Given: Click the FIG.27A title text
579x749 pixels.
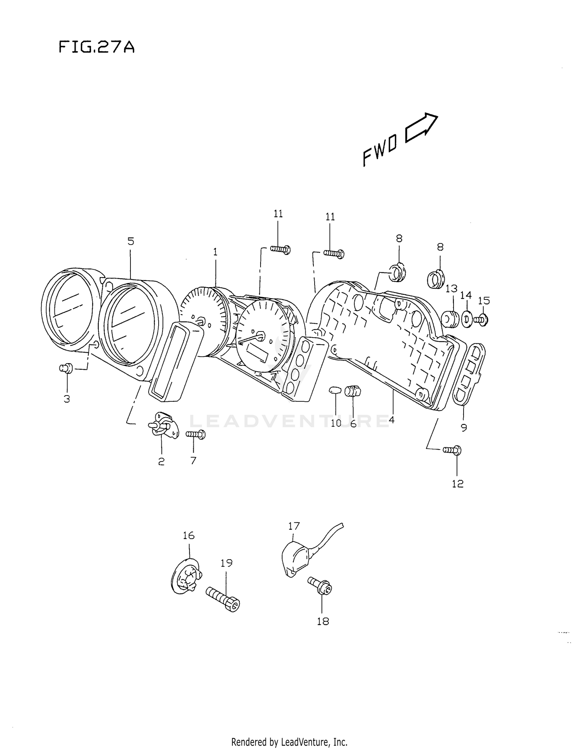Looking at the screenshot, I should [x=96, y=47].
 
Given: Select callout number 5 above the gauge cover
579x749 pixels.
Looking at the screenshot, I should [x=131, y=242].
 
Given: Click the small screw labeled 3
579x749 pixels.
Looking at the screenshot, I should [x=66, y=368].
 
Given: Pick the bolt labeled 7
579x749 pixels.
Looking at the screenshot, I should [x=196, y=435].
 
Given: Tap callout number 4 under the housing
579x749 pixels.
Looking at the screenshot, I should [x=391, y=420].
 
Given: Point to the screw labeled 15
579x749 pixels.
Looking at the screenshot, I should [x=481, y=320].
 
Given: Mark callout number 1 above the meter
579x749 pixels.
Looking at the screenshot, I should [x=215, y=252].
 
